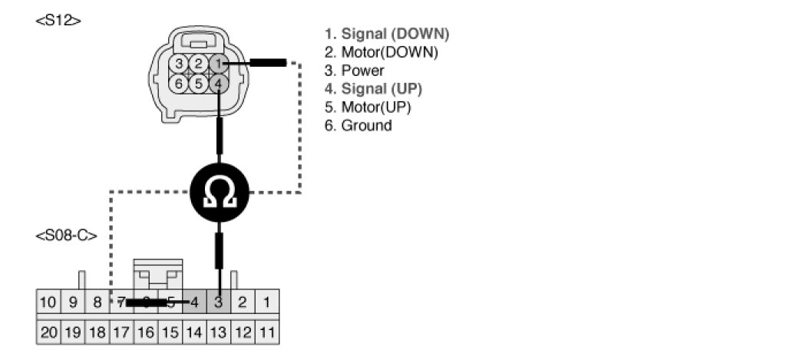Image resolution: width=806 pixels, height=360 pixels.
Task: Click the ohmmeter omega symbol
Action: click(x=220, y=192)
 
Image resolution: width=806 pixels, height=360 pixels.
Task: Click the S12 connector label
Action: click(x=58, y=21)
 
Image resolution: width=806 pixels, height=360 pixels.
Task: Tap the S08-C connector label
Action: click(x=67, y=236)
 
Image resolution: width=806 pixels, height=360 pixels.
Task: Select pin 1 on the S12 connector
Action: click(x=219, y=64)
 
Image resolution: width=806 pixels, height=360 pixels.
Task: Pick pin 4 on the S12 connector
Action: click(x=219, y=83)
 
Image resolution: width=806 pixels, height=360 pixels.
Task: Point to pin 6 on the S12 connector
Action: click(x=179, y=83)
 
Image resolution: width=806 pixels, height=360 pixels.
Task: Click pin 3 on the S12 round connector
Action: click(x=179, y=64)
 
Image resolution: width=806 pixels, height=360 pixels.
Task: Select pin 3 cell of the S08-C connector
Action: click(x=219, y=302)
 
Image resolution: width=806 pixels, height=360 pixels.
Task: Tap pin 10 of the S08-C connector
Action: click(x=48, y=302)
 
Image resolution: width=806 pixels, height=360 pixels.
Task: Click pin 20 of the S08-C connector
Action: click(x=48, y=332)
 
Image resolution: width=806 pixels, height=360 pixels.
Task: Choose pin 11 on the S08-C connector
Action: click(x=267, y=332)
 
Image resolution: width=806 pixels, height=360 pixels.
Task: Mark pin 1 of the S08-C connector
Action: click(x=267, y=302)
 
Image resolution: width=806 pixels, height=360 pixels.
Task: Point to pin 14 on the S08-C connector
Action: click(x=194, y=332)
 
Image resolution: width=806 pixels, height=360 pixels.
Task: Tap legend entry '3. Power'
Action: click(x=354, y=71)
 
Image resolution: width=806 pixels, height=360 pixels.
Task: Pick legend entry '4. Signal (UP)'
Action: click(x=373, y=89)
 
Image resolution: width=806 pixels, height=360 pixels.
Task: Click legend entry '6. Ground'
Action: click(x=358, y=126)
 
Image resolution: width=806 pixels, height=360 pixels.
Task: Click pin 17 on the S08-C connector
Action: click(x=121, y=332)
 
